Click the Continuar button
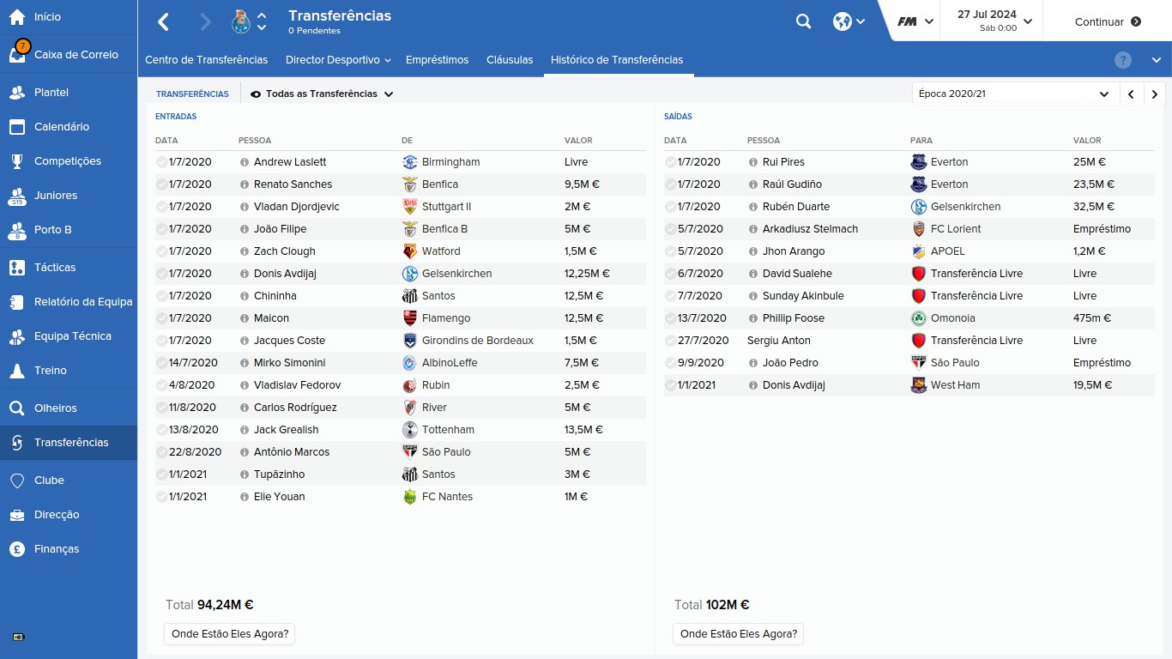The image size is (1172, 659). pyautogui.click(x=1107, y=21)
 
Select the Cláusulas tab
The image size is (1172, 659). pyautogui.click(x=510, y=60)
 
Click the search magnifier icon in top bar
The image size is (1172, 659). pyautogui.click(x=803, y=21)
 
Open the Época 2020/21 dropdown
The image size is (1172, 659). pyautogui.click(x=1014, y=94)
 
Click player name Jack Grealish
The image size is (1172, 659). pyautogui.click(x=286, y=430)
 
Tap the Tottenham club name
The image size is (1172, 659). pyautogui.click(x=448, y=430)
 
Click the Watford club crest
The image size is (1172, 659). pyautogui.click(x=409, y=251)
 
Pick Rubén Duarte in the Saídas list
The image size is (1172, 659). pyautogui.click(x=796, y=207)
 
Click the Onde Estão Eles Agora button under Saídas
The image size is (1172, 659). pyautogui.click(x=738, y=634)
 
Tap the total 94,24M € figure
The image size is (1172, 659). pyautogui.click(x=225, y=605)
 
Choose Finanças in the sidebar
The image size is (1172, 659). pyautogui.click(x=57, y=549)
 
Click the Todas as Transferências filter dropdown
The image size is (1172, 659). pyautogui.click(x=322, y=94)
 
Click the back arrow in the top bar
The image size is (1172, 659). pyautogui.click(x=163, y=21)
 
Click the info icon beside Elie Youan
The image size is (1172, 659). pyautogui.click(x=245, y=497)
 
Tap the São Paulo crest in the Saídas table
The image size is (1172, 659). pyautogui.click(x=918, y=363)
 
